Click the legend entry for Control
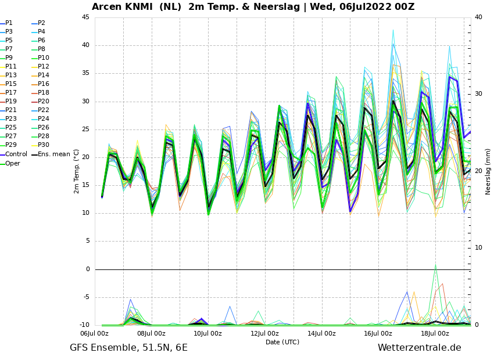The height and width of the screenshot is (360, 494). (x=13, y=154)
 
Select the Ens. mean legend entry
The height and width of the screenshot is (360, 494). (x=51, y=154)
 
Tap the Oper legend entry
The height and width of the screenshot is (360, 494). (x=10, y=163)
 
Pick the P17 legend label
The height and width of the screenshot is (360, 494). (x=8, y=92)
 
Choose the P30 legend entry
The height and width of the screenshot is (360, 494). (x=40, y=145)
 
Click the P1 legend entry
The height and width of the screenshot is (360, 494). (x=6, y=23)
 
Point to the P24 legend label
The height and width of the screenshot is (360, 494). (x=40, y=118)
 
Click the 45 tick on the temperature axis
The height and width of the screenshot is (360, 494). (x=85, y=17)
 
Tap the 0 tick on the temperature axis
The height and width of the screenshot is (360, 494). (x=88, y=269)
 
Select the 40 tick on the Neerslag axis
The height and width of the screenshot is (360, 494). (x=478, y=17)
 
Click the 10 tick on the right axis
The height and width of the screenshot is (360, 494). (x=478, y=248)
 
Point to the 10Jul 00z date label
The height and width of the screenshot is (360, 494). (x=207, y=333)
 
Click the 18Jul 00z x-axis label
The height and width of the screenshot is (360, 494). (x=435, y=333)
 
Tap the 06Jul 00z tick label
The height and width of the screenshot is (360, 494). (x=94, y=333)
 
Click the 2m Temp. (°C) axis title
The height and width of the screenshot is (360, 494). (x=77, y=171)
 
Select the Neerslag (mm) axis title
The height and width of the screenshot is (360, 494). (x=488, y=171)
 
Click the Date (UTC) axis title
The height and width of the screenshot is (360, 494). (x=282, y=342)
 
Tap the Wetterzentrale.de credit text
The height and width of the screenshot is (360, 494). (x=420, y=348)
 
